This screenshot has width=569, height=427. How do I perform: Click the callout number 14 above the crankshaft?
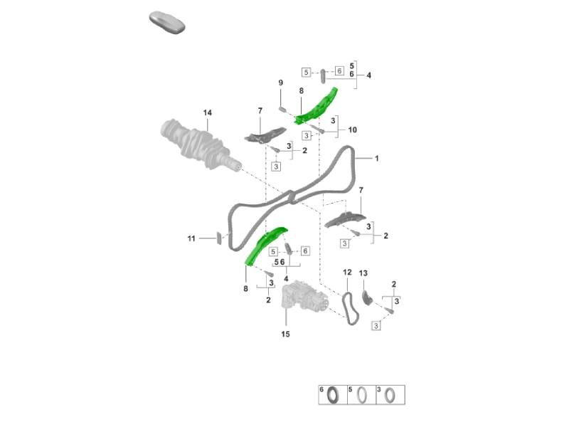click(207, 112)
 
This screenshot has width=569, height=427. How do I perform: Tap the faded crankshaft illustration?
click(201, 145)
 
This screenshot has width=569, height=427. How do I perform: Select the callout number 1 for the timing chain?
click(377, 158)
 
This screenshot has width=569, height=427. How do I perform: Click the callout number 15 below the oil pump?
click(286, 334)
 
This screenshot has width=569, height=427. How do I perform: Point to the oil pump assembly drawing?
click(305, 297)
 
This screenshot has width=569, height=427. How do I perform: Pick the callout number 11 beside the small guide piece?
click(191, 238)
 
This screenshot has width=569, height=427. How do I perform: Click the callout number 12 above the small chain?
click(347, 273)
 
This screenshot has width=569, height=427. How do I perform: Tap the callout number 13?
click(363, 273)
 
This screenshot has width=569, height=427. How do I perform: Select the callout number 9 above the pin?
click(280, 83)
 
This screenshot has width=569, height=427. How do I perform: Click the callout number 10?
click(352, 130)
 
